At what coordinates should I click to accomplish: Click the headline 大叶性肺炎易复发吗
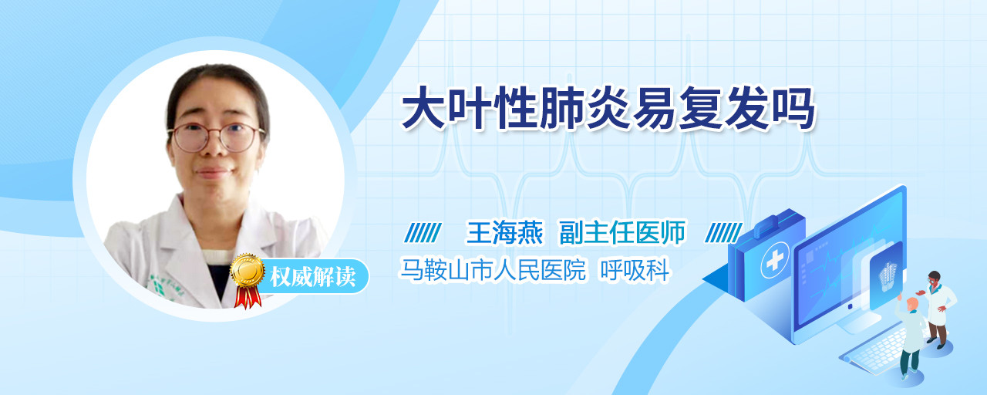[608, 109]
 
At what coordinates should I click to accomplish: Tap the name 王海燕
[504, 232]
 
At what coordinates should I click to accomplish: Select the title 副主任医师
[622, 232]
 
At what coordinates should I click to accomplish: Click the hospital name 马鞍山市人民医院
[493, 270]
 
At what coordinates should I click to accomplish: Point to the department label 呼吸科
[635, 270]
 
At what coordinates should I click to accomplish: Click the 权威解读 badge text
[312, 276]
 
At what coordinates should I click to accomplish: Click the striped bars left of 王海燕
[423, 233]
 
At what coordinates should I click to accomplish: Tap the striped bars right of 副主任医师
[723, 233]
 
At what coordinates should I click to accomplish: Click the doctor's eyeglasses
[217, 137]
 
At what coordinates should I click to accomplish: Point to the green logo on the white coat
[158, 288]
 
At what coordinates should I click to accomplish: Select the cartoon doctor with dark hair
[938, 309]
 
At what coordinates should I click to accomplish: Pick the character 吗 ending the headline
[794, 109]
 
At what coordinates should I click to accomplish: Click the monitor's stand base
[859, 324]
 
